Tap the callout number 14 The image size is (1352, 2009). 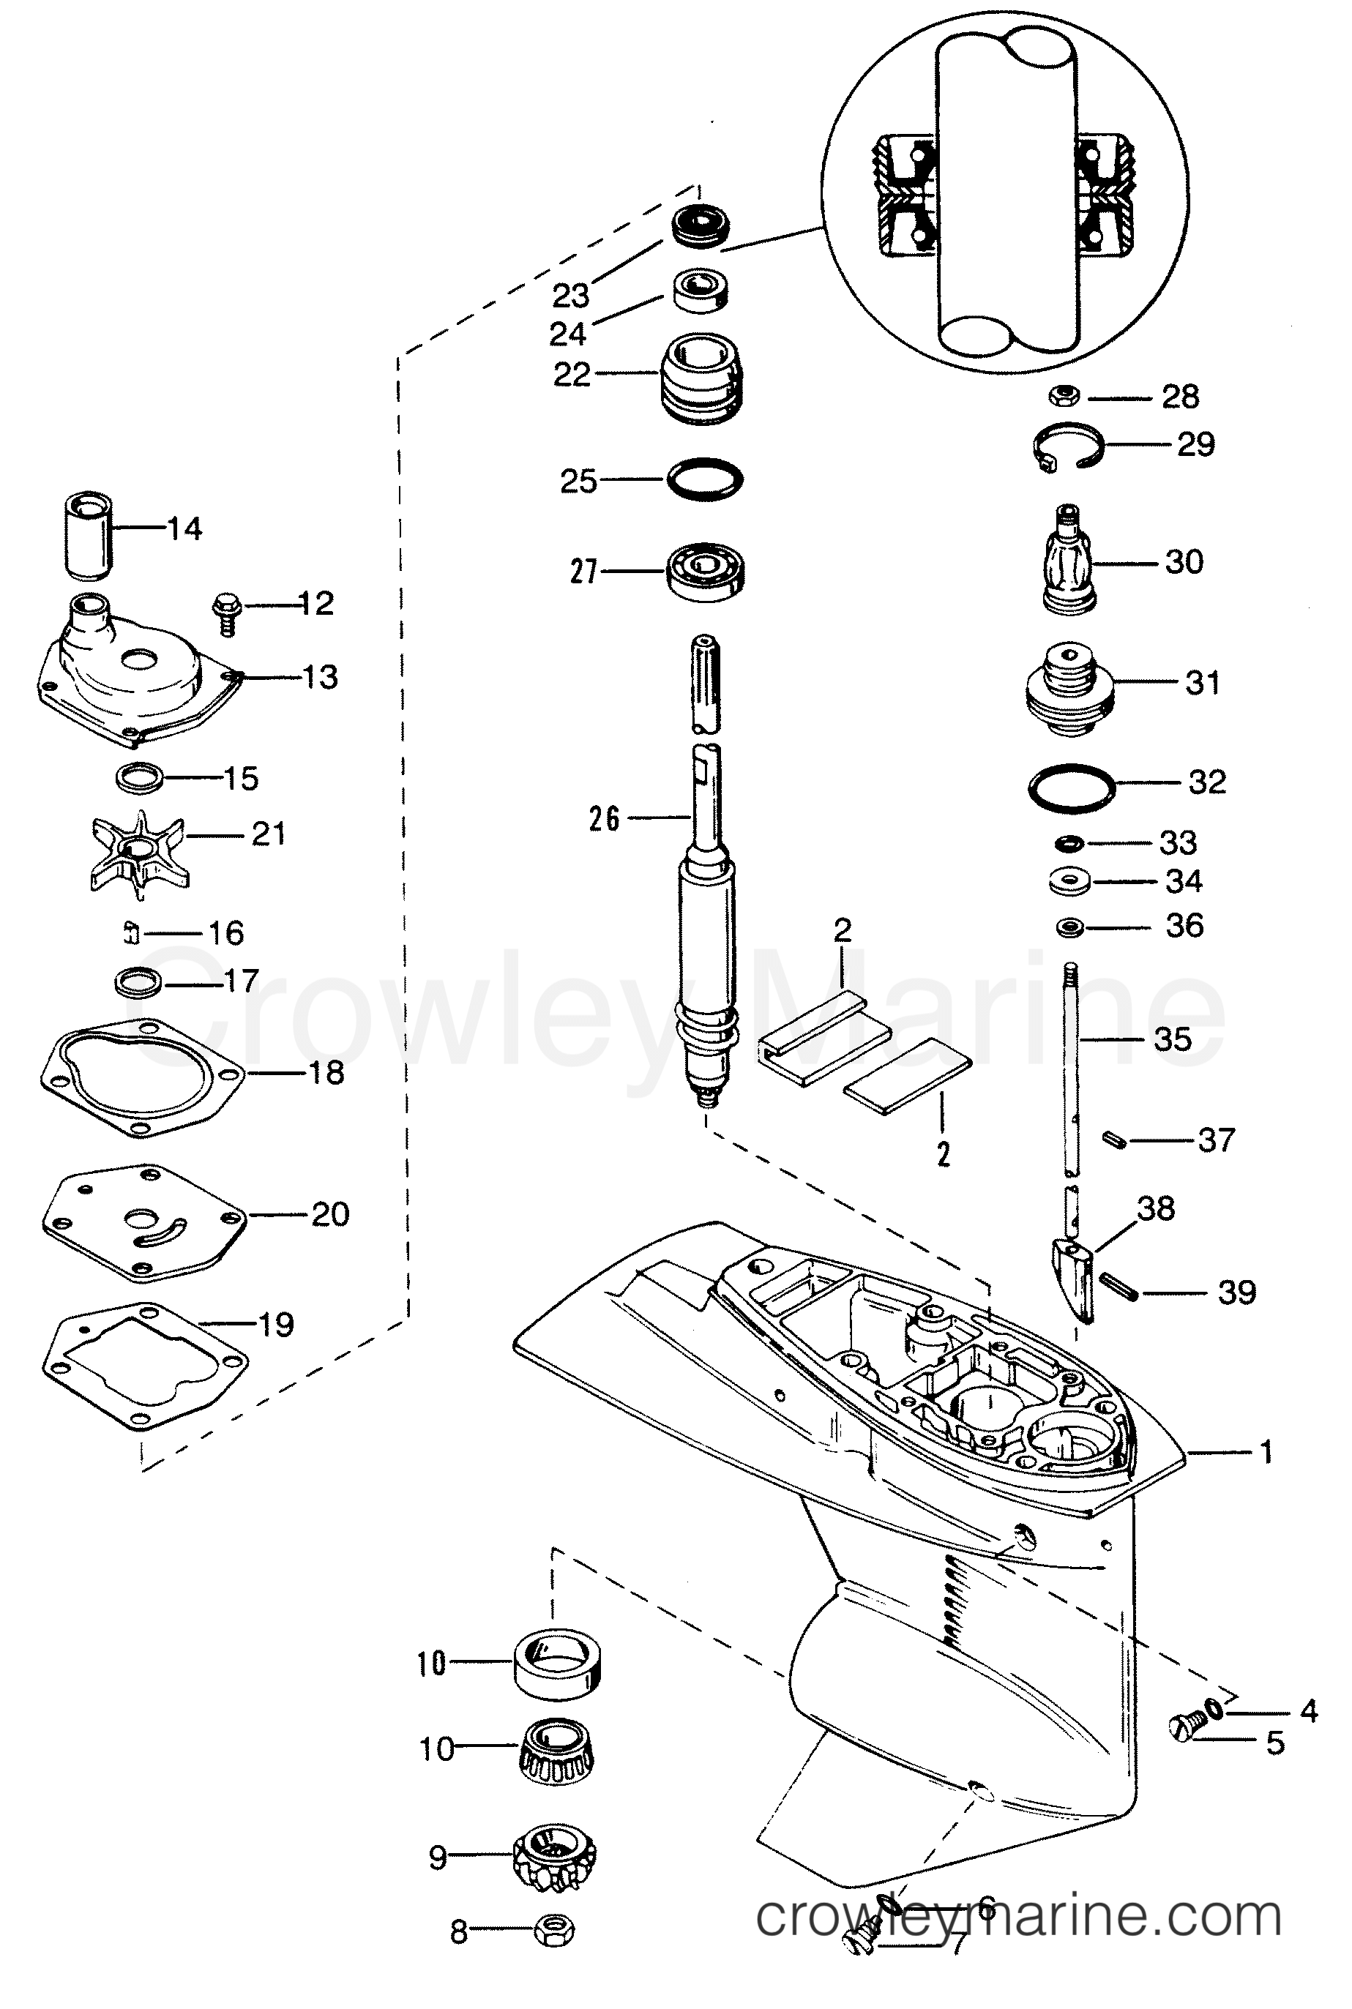coord(184,528)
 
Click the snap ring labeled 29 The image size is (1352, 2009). coord(1068,446)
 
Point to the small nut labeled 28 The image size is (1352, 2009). coord(1065,397)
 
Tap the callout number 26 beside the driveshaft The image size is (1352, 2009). coord(605,818)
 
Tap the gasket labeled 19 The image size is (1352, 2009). coord(144,1367)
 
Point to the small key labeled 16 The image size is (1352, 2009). coord(131,932)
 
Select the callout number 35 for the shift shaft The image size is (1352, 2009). coord(1172,1039)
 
